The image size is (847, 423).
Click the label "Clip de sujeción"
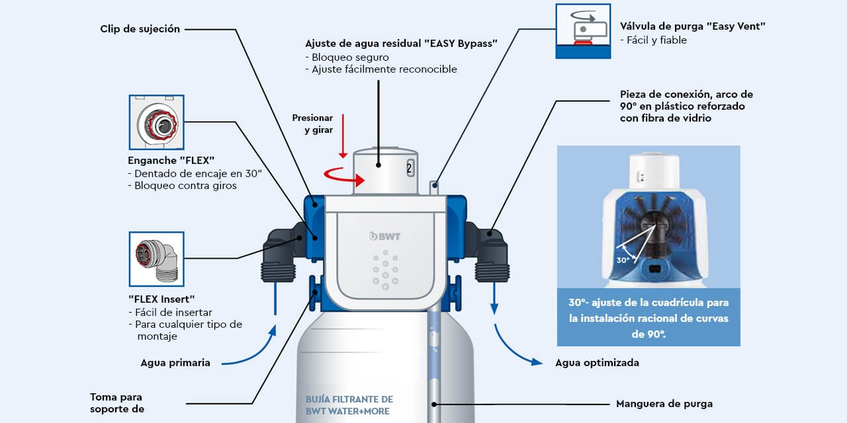tap(140, 29)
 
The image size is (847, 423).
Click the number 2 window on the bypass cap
tap(410, 168)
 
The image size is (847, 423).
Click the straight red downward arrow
tap(343, 143)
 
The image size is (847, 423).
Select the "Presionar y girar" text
tap(312, 124)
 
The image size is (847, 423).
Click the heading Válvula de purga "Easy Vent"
tap(692, 26)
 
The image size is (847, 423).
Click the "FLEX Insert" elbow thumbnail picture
tap(156, 259)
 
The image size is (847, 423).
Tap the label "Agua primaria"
tap(175, 362)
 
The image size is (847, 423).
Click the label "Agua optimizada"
tap(597, 362)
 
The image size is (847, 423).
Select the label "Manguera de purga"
tap(664, 403)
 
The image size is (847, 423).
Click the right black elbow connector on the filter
tap(490, 251)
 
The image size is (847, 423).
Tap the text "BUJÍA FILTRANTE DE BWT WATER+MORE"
tap(349, 405)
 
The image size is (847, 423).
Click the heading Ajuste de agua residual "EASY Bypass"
tap(401, 43)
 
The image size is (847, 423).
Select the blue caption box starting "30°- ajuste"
tap(648, 318)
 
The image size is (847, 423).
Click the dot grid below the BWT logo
tap(385, 271)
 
